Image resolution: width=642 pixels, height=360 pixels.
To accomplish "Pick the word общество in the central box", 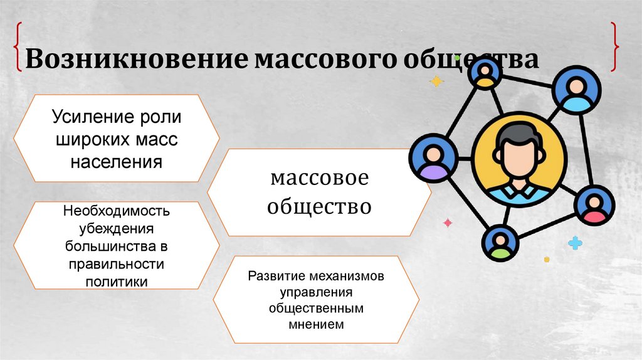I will [319, 205].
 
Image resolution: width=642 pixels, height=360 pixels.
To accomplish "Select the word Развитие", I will [275, 276].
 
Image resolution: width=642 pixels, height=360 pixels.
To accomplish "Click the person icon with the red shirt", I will [592, 206].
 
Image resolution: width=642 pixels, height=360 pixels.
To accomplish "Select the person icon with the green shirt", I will [500, 243].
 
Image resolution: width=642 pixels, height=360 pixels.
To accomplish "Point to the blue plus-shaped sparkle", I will [575, 243].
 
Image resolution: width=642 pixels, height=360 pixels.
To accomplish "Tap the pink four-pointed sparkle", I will [448, 223].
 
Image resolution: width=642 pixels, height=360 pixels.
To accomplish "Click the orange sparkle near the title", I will [436, 81].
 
